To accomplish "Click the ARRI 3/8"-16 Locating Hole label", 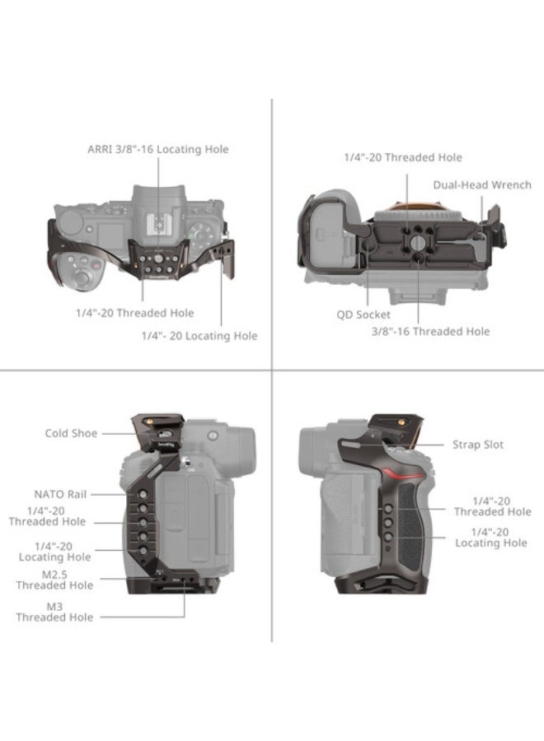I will pyautogui.click(x=158, y=149).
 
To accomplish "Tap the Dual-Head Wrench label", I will pyautogui.click(x=482, y=185).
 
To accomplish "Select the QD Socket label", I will pyautogui.click(x=363, y=314).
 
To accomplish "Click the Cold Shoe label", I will pyautogui.click(x=71, y=433).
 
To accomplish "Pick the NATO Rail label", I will pyautogui.click(x=60, y=494).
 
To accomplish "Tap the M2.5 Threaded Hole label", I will pyautogui.click(x=54, y=580).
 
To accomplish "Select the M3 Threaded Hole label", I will pyautogui.click(x=54, y=612).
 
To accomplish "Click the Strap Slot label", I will pyautogui.click(x=477, y=445).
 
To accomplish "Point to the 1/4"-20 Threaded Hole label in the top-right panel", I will pyautogui.click(x=402, y=157).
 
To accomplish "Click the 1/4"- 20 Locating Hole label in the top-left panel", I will pyautogui.click(x=199, y=335).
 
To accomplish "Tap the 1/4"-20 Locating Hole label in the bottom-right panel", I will pyautogui.click(x=491, y=538).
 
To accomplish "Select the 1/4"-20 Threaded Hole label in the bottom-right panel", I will pyautogui.click(x=491, y=506).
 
